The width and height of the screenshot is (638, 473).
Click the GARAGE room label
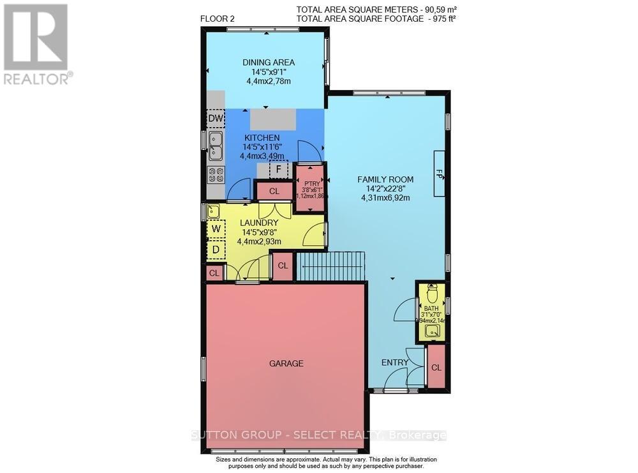pos(285,363)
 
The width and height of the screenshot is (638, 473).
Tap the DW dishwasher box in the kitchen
pos(216,119)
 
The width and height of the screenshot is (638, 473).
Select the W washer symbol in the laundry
pos(216,229)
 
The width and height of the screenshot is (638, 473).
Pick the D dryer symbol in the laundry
pos(216,250)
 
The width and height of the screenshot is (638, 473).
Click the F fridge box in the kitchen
pos(278,170)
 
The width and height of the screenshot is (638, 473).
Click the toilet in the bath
pos(432,294)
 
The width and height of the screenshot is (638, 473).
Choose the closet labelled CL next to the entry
pos(436,368)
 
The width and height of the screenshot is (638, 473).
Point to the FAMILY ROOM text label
pos(385,179)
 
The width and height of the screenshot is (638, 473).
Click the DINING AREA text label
pos(268,62)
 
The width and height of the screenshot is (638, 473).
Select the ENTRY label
pos(395,363)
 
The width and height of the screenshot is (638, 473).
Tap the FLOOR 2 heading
pos(218,19)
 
